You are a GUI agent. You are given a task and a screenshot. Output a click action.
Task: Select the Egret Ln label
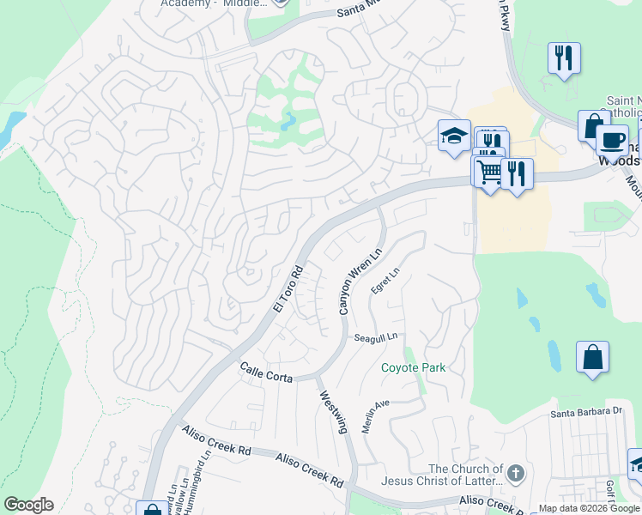pyautogui.click(x=385, y=282)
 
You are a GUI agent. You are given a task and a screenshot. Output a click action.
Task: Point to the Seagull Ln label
pyautogui.click(x=376, y=338)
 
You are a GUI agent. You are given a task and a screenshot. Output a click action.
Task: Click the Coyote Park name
pyautogui.click(x=414, y=367)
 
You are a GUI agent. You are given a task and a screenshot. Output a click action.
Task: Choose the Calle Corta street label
pyautogui.click(x=266, y=373)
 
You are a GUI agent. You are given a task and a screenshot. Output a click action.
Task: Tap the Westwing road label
pyautogui.click(x=334, y=413)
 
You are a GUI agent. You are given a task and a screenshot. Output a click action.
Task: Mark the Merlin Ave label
pyautogui.click(x=375, y=416)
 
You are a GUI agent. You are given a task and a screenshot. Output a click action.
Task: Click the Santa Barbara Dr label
pyautogui.click(x=586, y=411)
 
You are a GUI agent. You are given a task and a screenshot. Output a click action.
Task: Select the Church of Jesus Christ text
pyautogui.click(x=465, y=476)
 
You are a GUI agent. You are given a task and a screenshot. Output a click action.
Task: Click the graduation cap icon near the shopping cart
pyautogui.click(x=454, y=136)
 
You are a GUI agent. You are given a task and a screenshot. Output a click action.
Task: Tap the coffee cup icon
pyautogui.click(x=612, y=139)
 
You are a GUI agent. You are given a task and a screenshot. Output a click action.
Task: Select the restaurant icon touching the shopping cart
pyautogui.click(x=517, y=173)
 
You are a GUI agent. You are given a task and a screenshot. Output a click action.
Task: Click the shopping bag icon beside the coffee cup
pyautogui.click(x=593, y=125)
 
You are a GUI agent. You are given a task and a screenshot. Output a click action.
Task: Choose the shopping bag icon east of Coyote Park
pyautogui.click(x=592, y=357)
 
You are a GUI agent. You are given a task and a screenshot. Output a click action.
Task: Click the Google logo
pyautogui.click(x=28, y=505)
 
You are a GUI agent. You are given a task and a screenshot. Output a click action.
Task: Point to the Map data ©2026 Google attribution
pyautogui.click(x=589, y=508)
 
